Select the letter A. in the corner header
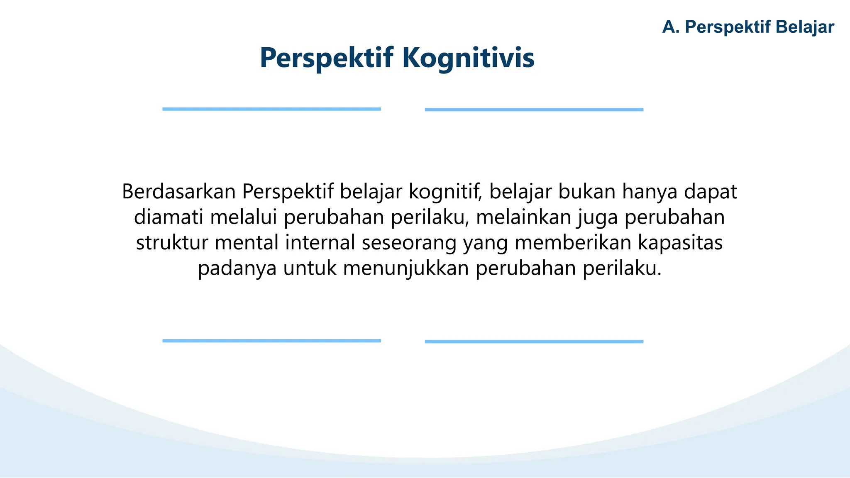click(671, 27)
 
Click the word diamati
click(169, 218)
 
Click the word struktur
click(172, 243)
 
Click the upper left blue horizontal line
click(271, 109)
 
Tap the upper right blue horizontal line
click(534, 110)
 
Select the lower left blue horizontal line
click(271, 341)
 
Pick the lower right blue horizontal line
click(534, 341)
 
